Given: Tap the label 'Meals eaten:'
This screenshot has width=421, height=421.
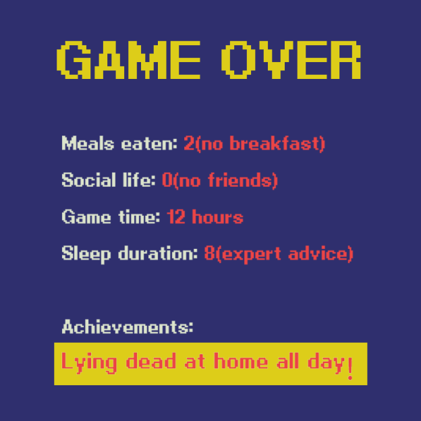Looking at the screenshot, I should (119, 144).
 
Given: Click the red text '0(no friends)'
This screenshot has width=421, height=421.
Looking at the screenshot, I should (219, 180).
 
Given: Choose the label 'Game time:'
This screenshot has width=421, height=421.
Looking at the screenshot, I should (111, 217).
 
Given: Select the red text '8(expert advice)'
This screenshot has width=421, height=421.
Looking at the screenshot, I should (278, 254).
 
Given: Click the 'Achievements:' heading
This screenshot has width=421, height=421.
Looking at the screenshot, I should (128, 327).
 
